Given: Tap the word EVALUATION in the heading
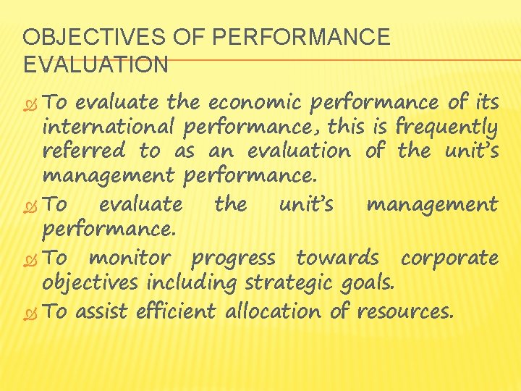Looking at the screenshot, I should (x=96, y=65).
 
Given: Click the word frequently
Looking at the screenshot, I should (x=447, y=129).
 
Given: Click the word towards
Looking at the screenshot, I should (x=337, y=258).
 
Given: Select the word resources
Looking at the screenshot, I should (x=402, y=312).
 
